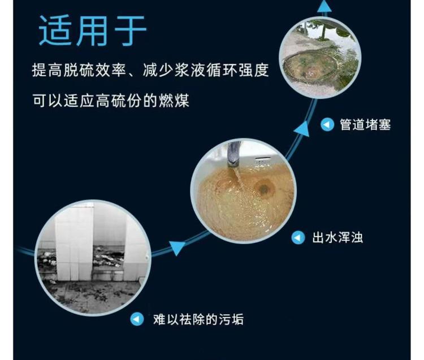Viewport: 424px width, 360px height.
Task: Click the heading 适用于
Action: pos(93,31)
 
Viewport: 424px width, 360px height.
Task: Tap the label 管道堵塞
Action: pos(365,125)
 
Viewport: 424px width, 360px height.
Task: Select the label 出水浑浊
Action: pos(337,238)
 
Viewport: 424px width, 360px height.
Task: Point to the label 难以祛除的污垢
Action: pos(198,319)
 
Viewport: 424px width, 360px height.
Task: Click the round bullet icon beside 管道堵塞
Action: pos(327,125)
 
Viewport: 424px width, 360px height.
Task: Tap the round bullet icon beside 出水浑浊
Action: pos(298,238)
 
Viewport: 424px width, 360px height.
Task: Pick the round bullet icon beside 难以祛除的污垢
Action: pos(137,319)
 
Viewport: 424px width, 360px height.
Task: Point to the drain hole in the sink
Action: pos(263,188)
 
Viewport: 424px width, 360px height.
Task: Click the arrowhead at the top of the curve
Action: pos(325,6)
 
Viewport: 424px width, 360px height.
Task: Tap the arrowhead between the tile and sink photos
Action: pos(176,248)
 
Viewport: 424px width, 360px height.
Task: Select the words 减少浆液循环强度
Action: pos(206,70)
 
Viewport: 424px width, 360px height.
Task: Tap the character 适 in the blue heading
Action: pos(55,31)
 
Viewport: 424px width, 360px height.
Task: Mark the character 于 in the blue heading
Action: pos(131,31)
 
